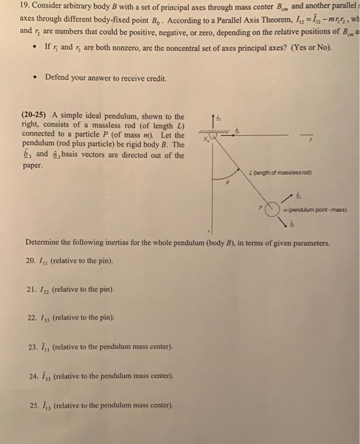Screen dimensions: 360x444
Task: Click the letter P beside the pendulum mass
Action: click(x=259, y=206)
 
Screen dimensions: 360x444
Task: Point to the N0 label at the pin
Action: click(x=204, y=140)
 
